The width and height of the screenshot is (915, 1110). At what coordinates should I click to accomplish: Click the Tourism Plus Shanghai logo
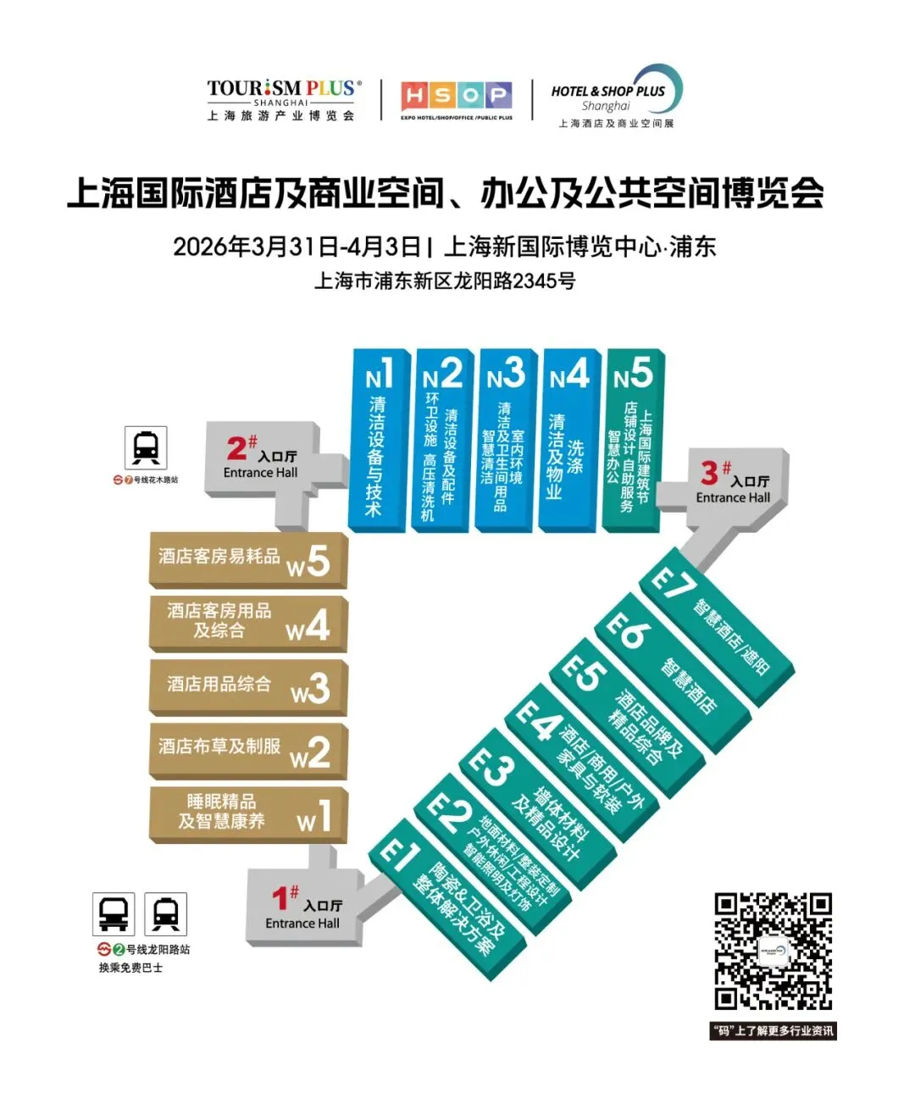(x=283, y=100)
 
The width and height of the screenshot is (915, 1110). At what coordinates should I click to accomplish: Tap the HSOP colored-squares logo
(x=457, y=98)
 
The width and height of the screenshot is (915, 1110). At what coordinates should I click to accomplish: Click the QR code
(x=773, y=952)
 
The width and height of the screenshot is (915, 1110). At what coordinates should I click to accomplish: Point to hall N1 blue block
(x=378, y=441)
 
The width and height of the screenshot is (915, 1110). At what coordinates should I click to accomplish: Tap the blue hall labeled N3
(x=506, y=441)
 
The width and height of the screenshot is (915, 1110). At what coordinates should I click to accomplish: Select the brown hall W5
(x=247, y=559)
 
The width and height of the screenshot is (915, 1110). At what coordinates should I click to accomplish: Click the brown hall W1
(x=247, y=813)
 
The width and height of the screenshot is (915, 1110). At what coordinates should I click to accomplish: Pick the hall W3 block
(x=247, y=686)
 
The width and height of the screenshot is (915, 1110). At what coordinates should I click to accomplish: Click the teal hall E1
(x=449, y=898)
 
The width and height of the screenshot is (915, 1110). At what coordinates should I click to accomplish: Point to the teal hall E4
(x=585, y=767)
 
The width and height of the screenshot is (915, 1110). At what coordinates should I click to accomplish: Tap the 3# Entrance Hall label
(x=733, y=483)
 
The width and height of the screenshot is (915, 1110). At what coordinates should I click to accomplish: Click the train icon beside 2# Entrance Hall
(x=146, y=447)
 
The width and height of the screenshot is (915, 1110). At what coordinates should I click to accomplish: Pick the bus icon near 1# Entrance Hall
(x=114, y=913)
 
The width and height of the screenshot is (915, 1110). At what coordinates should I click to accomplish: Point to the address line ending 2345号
(x=445, y=280)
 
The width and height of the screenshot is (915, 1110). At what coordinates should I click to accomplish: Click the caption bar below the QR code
(x=773, y=1030)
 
